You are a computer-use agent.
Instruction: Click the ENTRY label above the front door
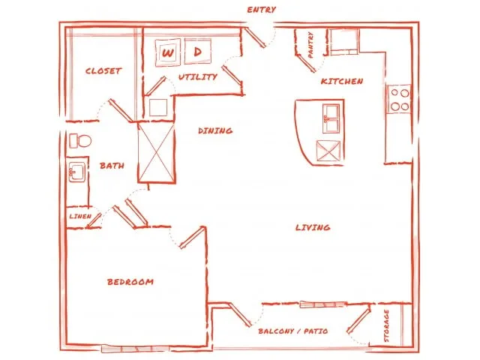tap(262, 10)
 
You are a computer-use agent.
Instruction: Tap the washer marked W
tap(168, 52)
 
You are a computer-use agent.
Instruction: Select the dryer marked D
tap(198, 51)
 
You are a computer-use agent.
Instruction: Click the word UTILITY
tap(198, 76)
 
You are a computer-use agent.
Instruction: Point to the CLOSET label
tap(103, 71)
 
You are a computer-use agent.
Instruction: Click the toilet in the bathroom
tap(80, 141)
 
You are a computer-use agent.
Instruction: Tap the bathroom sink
tap(76, 172)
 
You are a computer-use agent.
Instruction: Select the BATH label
tap(112, 166)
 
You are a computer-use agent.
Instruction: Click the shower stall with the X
tap(157, 152)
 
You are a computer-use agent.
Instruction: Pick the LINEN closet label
tap(80, 216)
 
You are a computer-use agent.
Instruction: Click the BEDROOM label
tap(130, 282)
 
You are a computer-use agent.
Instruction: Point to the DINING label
tap(215, 130)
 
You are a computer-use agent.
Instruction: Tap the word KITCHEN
tap(342, 81)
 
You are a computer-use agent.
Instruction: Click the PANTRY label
tap(310, 45)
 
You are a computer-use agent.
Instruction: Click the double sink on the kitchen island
tap(331, 118)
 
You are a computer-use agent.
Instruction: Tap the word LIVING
tap(313, 227)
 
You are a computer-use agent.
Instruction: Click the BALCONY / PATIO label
tap(293, 331)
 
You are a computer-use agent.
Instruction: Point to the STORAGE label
tap(386, 325)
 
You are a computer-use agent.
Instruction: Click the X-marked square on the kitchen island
tap(328, 151)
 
